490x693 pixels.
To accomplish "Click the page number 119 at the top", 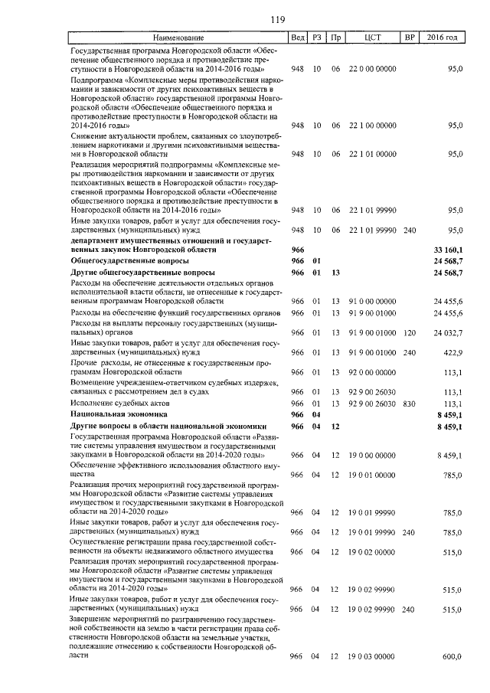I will coord(245,19).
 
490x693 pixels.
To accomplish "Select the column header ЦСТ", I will coord(373,38).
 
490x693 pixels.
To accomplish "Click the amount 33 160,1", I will coord(448,250).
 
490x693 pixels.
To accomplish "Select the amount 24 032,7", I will coord(448,333).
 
